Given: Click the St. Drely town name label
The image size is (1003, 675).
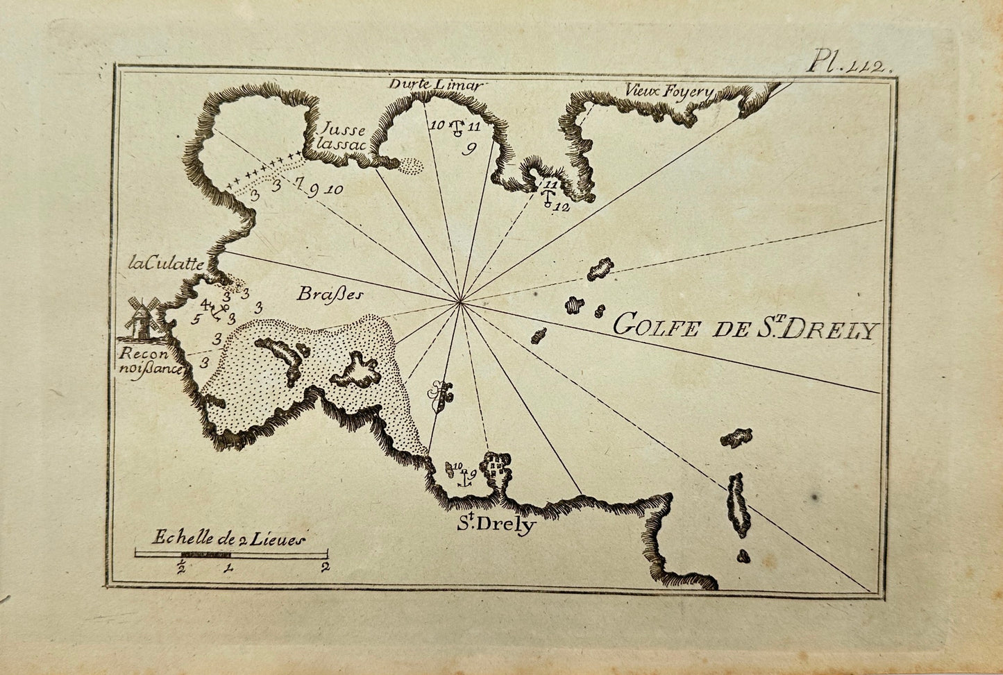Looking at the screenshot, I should pos(496,524).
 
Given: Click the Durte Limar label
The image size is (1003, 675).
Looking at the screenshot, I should pos(435,85).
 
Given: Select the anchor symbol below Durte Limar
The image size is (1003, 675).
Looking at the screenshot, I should pos(457,128).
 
